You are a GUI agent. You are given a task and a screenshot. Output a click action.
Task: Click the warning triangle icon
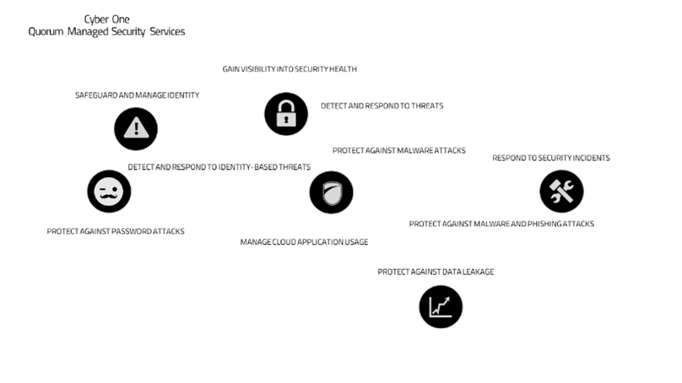click(136, 129)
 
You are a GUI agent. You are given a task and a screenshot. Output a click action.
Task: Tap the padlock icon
click(286, 114)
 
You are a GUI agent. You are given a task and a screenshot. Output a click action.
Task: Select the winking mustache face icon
click(109, 191)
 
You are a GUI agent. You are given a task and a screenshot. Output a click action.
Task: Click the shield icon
click(332, 192)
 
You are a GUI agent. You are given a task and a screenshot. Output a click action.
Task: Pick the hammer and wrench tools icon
click(561, 191)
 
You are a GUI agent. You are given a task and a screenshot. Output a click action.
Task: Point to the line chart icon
click(441, 307)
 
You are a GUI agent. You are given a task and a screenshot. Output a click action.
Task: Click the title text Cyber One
click(107, 19)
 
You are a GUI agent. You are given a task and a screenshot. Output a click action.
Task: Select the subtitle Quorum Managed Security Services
click(106, 32)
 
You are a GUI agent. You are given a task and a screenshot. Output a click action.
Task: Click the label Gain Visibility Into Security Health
click(290, 69)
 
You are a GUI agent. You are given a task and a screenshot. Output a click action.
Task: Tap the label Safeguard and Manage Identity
click(137, 95)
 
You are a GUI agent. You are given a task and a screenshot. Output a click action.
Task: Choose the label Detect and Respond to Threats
click(382, 105)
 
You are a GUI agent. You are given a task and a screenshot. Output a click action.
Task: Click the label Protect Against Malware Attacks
click(399, 150)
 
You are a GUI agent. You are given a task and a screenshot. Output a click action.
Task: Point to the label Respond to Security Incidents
click(551, 158)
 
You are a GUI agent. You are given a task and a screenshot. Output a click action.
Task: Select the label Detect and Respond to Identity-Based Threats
click(219, 167)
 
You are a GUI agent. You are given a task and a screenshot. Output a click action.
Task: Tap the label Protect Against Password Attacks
click(116, 231)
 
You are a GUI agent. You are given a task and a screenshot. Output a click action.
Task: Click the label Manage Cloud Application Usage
click(304, 242)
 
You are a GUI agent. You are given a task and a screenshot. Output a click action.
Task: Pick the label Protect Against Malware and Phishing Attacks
click(501, 224)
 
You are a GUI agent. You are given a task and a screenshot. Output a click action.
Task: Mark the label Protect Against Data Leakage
click(436, 272)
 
